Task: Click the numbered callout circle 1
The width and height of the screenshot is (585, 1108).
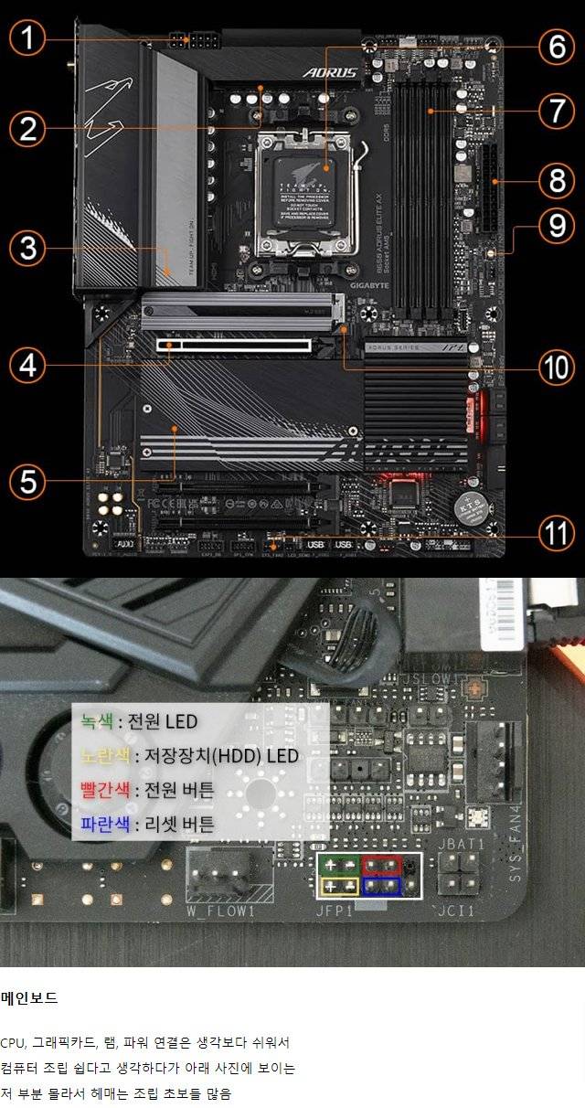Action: pos(27,38)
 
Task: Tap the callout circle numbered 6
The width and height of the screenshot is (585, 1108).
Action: pos(557,46)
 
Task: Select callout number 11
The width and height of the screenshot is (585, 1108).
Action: pos(557,533)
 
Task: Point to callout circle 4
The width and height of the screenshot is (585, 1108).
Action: pos(27,365)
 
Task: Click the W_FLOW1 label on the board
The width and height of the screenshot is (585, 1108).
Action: pos(221,911)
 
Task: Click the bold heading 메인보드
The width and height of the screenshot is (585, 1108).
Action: pos(29,998)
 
